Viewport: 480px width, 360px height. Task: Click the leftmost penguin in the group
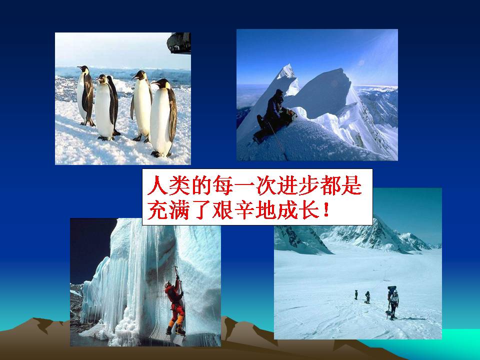click(85, 95)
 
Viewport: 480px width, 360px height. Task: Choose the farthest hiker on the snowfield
click(356, 294)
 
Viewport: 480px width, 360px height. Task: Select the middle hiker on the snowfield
click(367, 297)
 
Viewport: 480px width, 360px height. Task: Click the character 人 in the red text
click(154, 186)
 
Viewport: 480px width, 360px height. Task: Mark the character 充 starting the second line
click(154, 210)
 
